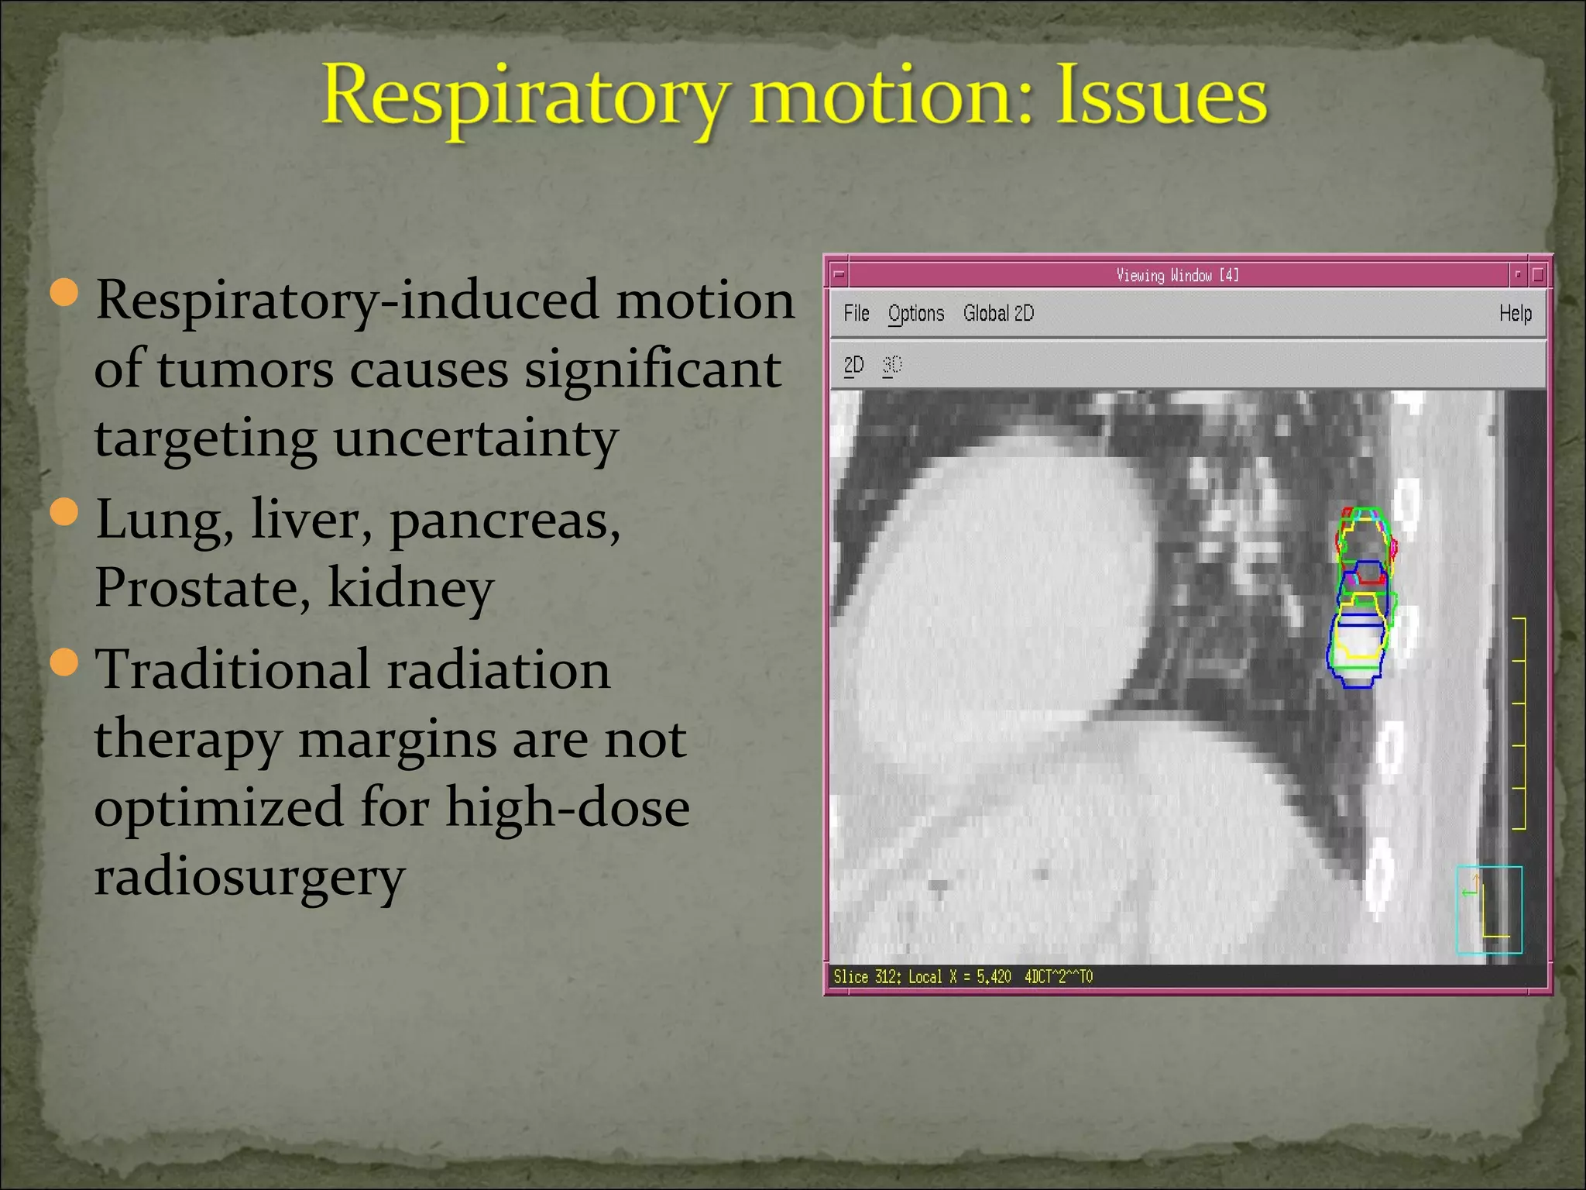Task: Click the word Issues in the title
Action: tap(1162, 96)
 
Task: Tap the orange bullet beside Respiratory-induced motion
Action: tap(64, 292)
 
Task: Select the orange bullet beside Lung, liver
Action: tap(64, 512)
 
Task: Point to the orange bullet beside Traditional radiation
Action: tap(64, 662)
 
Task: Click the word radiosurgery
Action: tap(249, 877)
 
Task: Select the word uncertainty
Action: tap(475, 439)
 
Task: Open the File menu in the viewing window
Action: tap(856, 313)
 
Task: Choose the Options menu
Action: tap(916, 313)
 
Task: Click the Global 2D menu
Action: tap(998, 313)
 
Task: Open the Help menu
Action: tap(1515, 313)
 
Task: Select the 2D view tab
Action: tap(853, 365)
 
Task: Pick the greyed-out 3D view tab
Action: tap(892, 365)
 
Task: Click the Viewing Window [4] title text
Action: tap(1177, 275)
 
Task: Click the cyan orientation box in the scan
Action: tap(1488, 910)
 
